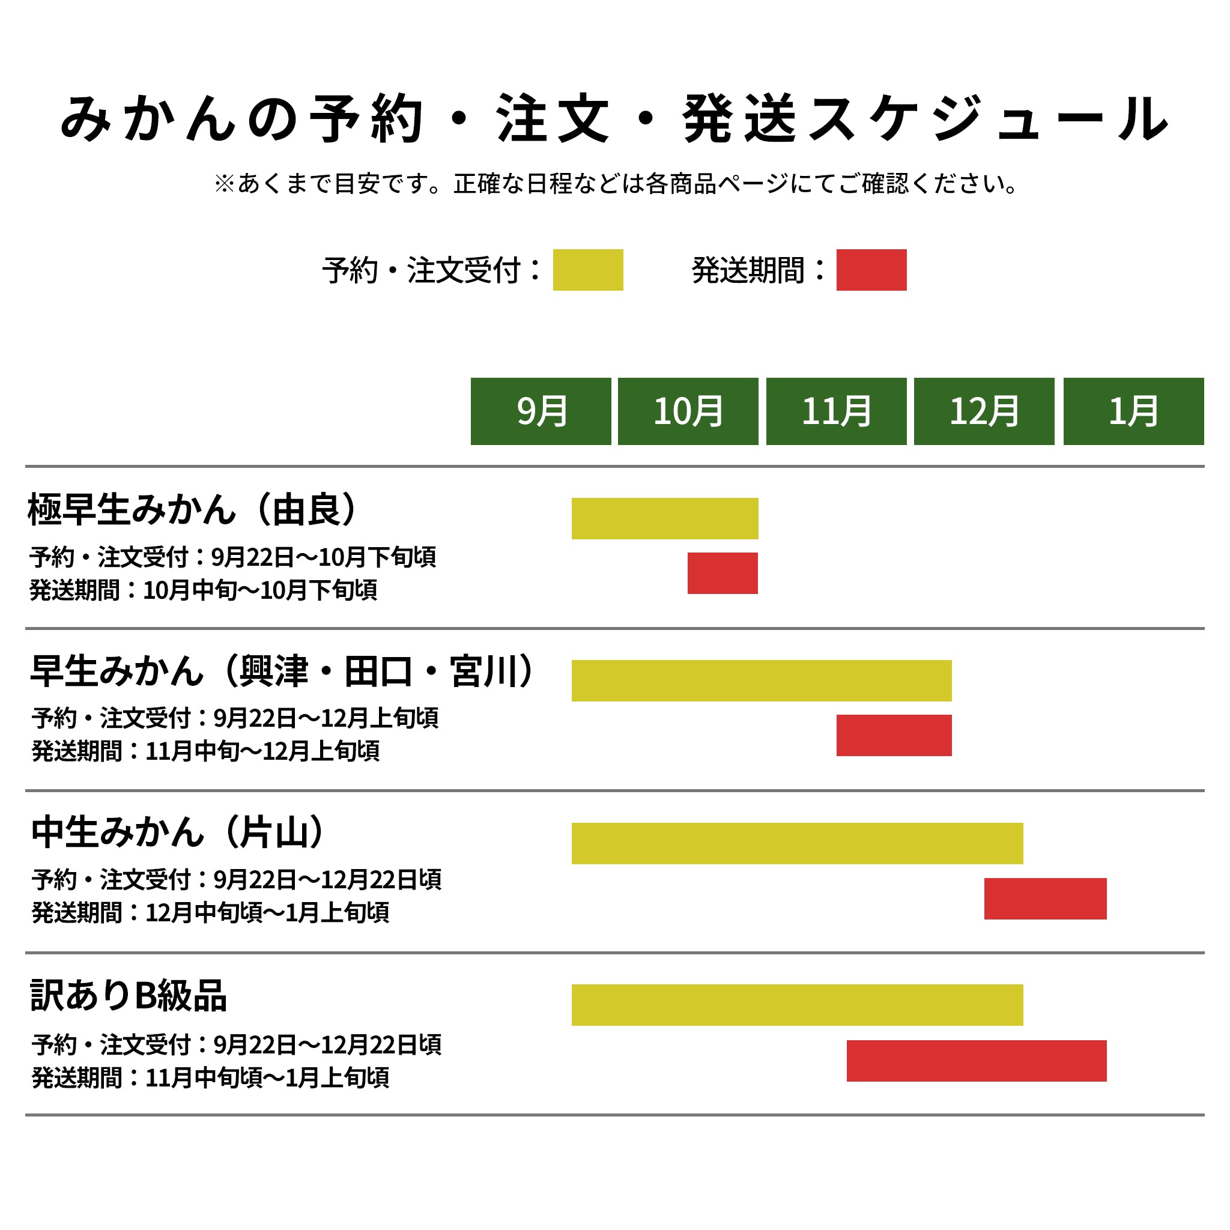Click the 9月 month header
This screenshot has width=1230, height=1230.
(541, 411)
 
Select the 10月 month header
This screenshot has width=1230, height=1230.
(688, 411)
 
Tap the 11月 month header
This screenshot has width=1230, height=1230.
(836, 411)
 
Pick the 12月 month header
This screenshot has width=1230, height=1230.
(984, 411)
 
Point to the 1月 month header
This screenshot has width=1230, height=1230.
(1133, 411)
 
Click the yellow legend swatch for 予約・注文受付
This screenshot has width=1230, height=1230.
(587, 270)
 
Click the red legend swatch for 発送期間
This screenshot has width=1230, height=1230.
(871, 270)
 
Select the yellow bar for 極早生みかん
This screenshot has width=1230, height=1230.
(665, 518)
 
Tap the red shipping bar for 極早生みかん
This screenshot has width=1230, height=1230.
(723, 573)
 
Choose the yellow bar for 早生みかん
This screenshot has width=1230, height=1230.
(762, 680)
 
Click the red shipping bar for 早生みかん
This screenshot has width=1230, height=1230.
(894, 735)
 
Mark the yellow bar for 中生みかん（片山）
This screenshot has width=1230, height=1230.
(797, 844)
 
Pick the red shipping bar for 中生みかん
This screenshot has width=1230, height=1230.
(1046, 898)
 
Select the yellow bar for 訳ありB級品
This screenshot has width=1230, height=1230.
(797, 1005)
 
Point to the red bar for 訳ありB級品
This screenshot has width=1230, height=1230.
(977, 1061)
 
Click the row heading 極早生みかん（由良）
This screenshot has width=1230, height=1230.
(193, 509)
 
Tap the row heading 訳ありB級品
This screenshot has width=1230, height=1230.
(129, 996)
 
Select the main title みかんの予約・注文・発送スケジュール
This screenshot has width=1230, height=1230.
(614, 119)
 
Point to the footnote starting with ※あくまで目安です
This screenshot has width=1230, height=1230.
(614, 184)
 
